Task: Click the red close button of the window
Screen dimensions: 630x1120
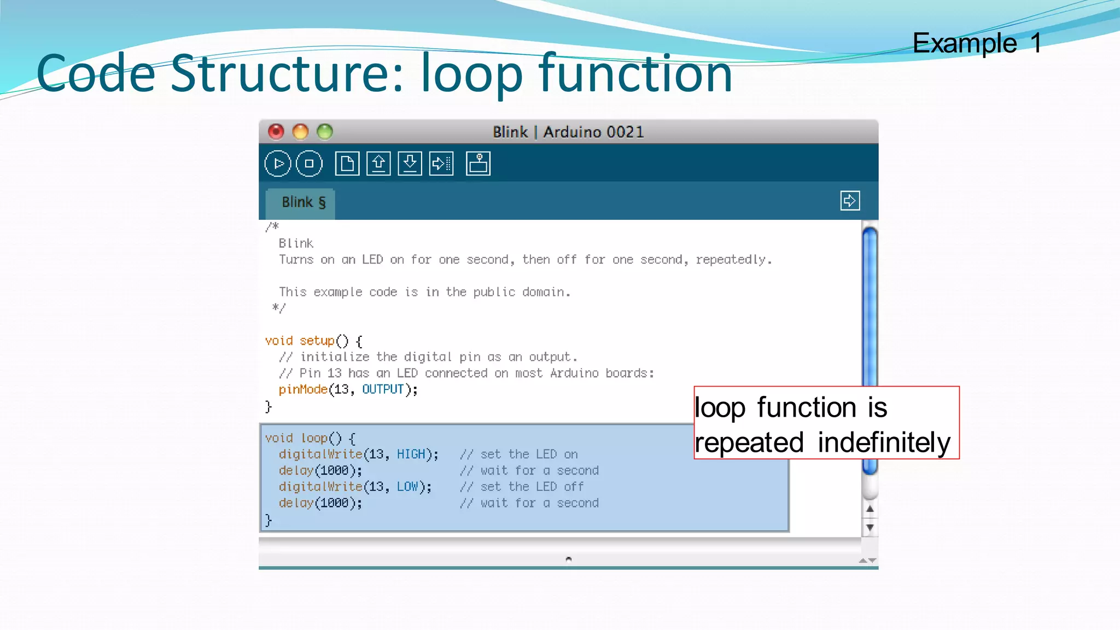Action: pyautogui.click(x=276, y=132)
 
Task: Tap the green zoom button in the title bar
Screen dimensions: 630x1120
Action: pyautogui.click(x=325, y=132)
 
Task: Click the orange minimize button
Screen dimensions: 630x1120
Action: pyautogui.click(x=300, y=132)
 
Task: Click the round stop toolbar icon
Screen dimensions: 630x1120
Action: pyautogui.click(x=309, y=164)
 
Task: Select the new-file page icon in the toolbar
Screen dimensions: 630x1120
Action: pyautogui.click(x=347, y=164)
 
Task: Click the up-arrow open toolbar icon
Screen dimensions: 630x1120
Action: pyautogui.click(x=378, y=164)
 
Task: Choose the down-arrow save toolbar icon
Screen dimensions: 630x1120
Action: pyautogui.click(x=410, y=164)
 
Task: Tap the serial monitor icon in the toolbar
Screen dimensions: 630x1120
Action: pyautogui.click(x=478, y=164)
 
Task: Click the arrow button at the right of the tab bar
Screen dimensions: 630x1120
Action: pyautogui.click(x=850, y=201)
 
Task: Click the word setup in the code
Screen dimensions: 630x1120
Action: pyautogui.click(x=317, y=341)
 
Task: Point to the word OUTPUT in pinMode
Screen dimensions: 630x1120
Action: pyautogui.click(x=383, y=389)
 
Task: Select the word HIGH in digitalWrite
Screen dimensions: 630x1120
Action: pyautogui.click(x=411, y=454)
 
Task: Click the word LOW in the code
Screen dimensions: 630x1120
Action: pyautogui.click(x=407, y=487)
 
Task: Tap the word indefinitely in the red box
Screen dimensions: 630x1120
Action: pyautogui.click(x=884, y=442)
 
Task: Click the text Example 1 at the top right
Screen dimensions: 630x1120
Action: pyautogui.click(x=977, y=43)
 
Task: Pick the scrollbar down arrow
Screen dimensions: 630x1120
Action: pyautogui.click(x=870, y=528)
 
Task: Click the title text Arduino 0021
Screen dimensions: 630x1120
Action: pyautogui.click(x=593, y=132)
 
